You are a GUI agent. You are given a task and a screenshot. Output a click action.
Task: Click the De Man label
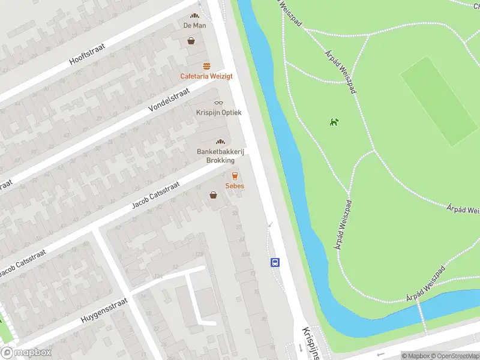194,26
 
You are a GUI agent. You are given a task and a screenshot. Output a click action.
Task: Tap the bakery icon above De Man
194,16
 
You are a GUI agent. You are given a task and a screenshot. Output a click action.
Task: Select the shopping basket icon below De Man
191,41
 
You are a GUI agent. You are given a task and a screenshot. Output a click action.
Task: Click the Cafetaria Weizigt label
206,76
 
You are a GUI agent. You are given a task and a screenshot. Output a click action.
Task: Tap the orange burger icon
206,66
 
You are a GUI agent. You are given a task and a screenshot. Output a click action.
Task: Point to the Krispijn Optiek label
218,112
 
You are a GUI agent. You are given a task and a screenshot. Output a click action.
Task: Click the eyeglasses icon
218,103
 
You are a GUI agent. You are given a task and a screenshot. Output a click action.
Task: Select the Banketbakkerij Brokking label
220,156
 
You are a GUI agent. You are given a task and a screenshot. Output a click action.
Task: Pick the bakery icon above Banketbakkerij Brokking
220,142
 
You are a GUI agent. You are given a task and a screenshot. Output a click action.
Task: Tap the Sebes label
235,186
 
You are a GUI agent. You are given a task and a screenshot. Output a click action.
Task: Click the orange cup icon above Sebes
235,176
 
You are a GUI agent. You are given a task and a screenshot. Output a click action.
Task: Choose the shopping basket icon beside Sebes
213,194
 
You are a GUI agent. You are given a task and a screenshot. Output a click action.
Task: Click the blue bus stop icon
275,262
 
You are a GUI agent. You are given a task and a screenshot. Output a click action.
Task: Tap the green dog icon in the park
334,122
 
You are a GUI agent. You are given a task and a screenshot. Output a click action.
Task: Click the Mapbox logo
26,353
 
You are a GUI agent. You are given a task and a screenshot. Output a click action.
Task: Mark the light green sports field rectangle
439,101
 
